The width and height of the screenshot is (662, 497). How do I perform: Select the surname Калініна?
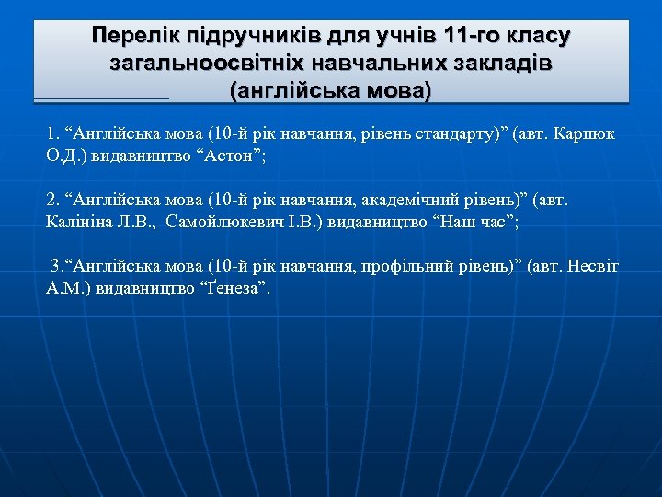[78, 221]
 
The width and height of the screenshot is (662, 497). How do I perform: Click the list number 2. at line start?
[51, 200]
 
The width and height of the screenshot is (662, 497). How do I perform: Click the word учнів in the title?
[401, 37]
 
